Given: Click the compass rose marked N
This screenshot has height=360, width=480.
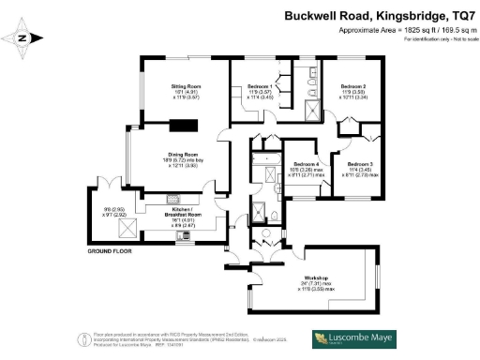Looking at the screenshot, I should [24, 38].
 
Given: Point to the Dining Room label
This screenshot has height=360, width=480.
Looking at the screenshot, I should [183, 154].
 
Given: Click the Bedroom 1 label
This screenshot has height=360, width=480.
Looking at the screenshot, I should [260, 85].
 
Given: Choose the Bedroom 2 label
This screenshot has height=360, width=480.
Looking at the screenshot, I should [352, 85].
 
